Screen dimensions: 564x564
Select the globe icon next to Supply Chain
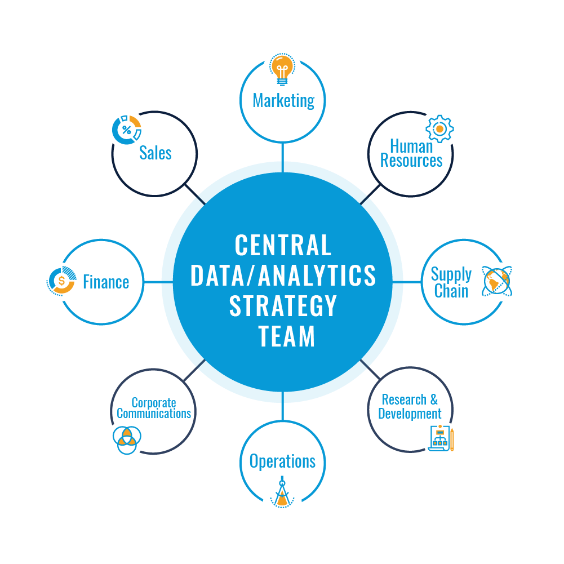tap(500, 281)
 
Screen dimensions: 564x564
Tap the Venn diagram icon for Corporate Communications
tap(123, 438)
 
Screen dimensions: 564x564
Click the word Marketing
tap(283, 101)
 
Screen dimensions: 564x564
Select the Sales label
tap(155, 153)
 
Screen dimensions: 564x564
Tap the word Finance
tap(106, 282)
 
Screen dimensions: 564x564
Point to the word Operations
tap(282, 461)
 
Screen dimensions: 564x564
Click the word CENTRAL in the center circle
tap(282, 246)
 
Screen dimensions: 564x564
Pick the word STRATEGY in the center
tap(282, 306)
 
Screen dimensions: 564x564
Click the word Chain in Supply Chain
tap(451, 291)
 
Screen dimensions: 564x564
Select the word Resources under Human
tap(411, 161)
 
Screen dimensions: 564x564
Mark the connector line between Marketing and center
tap(282, 152)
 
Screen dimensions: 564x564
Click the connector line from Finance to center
tap(153, 282)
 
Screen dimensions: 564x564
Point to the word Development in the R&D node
tap(410, 414)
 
